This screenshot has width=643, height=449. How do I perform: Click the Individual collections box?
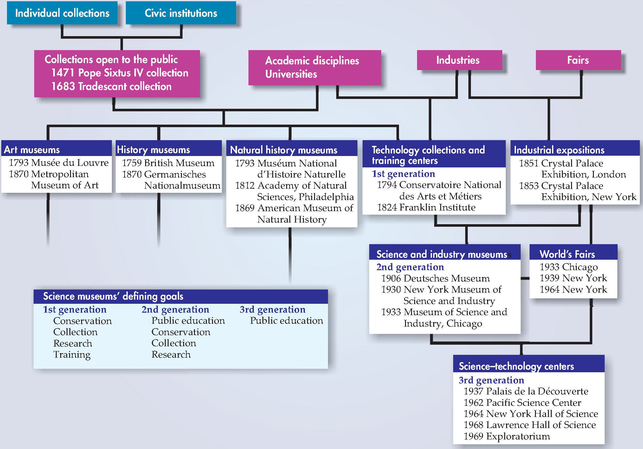(x=62, y=13)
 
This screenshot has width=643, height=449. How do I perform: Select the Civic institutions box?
(x=181, y=13)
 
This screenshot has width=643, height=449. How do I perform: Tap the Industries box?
(x=459, y=60)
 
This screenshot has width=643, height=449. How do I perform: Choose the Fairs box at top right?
(x=578, y=60)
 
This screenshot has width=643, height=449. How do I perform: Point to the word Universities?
(x=291, y=74)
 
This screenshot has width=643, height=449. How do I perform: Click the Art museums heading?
(x=32, y=149)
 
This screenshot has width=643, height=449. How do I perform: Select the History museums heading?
(x=153, y=149)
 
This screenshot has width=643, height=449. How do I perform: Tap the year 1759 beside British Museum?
(x=132, y=163)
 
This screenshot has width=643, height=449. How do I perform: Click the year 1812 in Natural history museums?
(x=245, y=185)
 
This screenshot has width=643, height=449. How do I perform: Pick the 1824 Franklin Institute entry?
(x=426, y=207)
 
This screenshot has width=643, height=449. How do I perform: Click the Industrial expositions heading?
(x=559, y=150)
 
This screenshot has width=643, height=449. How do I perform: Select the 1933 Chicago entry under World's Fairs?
(x=569, y=267)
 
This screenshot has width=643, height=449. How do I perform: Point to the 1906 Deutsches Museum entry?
(x=435, y=278)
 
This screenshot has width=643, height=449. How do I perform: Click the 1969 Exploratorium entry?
(x=506, y=436)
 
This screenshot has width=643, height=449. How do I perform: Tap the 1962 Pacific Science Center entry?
(x=522, y=403)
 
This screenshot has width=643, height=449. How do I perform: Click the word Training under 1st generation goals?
(x=72, y=355)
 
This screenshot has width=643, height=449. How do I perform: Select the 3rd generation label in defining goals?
(x=273, y=309)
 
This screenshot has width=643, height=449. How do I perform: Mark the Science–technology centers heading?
(x=516, y=366)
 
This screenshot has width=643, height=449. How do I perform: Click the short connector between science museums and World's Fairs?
(x=525, y=278)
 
